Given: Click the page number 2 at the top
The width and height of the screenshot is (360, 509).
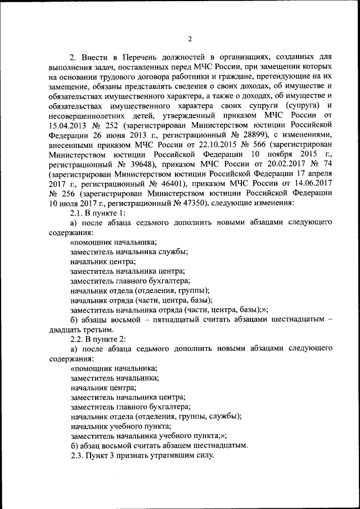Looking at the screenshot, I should tap(190, 39).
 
